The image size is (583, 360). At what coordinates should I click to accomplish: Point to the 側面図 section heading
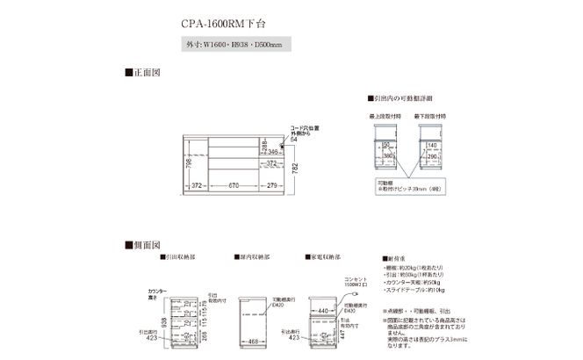[x=143, y=244]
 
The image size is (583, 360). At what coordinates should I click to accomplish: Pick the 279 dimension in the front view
[x=274, y=185]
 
